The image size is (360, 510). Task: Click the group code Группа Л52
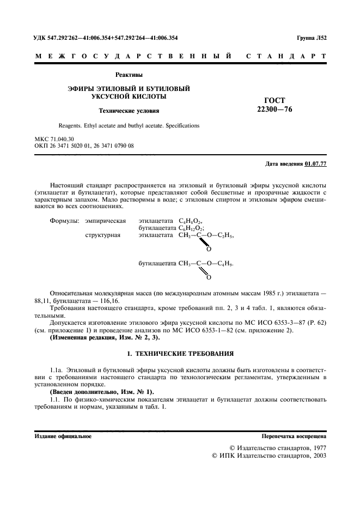[x=311, y=38]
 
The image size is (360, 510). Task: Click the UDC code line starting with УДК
[x=106, y=38]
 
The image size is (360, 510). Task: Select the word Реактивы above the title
[x=129, y=75]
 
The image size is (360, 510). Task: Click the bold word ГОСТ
[x=274, y=100]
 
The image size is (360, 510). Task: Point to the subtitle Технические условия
[x=129, y=111]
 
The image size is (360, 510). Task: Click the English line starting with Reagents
[x=125, y=126]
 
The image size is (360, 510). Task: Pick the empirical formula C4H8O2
[x=190, y=221]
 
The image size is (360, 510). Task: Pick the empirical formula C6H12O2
[x=191, y=228]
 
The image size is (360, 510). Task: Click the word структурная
[x=103, y=235]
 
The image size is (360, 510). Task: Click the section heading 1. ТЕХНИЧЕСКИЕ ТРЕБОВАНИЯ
[x=180, y=354]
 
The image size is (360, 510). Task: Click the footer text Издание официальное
[x=63, y=436]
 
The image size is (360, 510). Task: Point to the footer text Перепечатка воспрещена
[x=294, y=436]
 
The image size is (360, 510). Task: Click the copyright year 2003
[x=317, y=456]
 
